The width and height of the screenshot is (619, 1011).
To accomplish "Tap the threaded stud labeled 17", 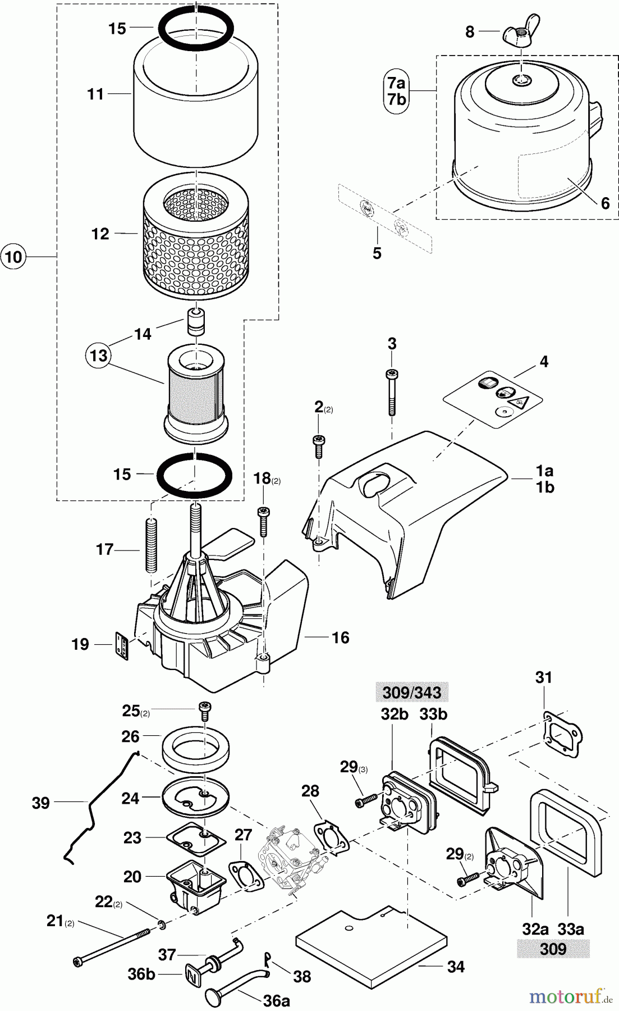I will (151, 544).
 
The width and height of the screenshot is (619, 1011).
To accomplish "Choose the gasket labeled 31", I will (563, 730).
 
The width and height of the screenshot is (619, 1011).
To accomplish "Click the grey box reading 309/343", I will (412, 693).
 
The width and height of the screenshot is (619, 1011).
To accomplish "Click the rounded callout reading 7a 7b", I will (396, 92).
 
